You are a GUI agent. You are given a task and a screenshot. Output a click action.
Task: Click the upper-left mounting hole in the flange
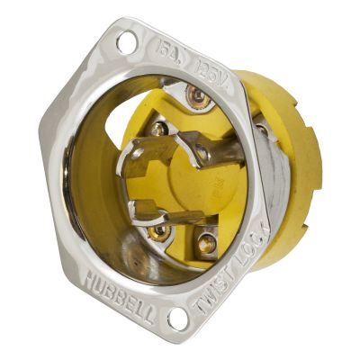click(x=125, y=41)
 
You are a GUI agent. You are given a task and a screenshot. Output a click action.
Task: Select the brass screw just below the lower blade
click(x=160, y=231)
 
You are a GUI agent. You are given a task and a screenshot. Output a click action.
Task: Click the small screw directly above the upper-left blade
click(x=159, y=130)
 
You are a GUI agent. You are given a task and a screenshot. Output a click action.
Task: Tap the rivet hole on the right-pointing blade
click(x=202, y=153)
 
